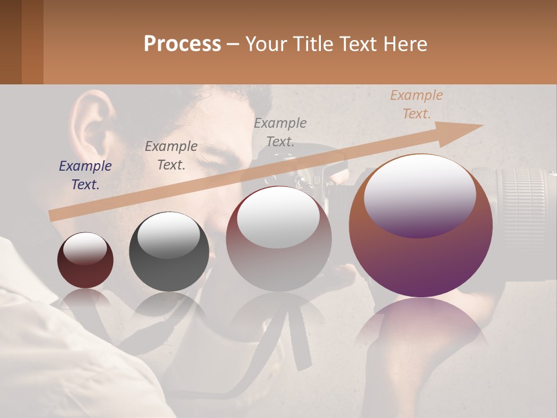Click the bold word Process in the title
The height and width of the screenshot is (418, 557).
(182, 44)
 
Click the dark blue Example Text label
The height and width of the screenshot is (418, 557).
(85, 175)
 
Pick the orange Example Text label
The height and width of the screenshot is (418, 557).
(417, 105)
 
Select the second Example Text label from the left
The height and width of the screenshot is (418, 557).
(171, 156)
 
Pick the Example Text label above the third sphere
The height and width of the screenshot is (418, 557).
(280, 132)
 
